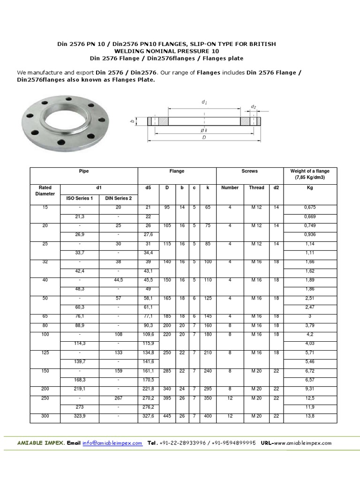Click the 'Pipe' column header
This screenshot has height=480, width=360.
84,172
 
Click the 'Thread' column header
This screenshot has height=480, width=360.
256,187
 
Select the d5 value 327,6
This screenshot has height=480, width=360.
148,415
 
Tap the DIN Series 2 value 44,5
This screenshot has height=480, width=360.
119,280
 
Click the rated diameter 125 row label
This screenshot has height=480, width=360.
45,352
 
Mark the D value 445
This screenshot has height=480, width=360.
166,415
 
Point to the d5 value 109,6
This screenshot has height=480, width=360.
148,334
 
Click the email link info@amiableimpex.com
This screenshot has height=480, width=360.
112,443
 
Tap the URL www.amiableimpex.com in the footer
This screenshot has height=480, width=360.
303,443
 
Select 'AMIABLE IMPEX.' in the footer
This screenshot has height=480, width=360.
41,443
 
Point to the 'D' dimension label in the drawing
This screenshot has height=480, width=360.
204,138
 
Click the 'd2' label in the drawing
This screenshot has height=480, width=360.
254,107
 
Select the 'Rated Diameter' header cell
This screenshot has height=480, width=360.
45,190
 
